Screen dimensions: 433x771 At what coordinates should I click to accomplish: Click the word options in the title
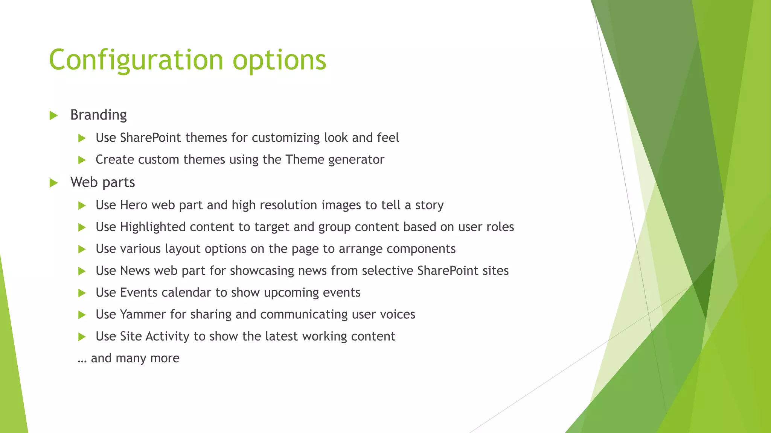coord(279,60)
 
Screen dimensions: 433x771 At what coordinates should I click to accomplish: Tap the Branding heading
coord(98,115)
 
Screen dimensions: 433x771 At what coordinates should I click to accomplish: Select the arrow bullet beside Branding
coord(53,115)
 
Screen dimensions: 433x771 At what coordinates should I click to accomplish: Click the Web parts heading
coord(102,182)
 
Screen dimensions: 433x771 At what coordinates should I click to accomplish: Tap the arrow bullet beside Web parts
coord(53,183)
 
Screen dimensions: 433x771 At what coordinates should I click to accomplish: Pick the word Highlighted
coord(153,227)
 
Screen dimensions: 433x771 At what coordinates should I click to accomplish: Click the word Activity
coord(167,336)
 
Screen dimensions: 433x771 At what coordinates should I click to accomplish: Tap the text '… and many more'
coord(128,358)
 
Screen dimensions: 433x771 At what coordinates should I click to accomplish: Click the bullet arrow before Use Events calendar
coord(82,293)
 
